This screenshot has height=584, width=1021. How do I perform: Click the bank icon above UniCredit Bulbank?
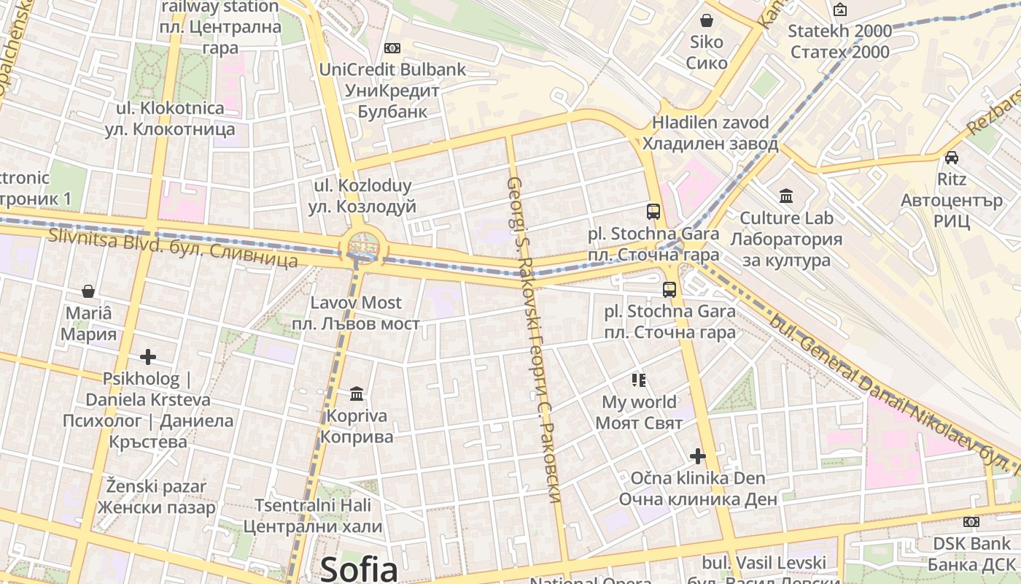point(392,48)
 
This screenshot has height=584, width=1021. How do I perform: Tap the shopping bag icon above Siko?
point(706,20)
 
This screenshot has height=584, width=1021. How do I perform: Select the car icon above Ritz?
point(952,157)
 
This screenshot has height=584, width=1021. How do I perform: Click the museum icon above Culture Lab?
point(786,196)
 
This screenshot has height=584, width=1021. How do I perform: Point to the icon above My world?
point(639,380)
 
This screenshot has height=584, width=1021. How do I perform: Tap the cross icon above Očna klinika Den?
point(698,456)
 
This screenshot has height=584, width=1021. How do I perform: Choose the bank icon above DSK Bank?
point(971,522)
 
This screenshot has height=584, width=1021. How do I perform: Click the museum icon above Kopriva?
point(357,394)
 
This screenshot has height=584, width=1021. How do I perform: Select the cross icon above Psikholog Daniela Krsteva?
point(148,357)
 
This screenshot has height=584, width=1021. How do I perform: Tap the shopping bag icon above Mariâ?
point(88,291)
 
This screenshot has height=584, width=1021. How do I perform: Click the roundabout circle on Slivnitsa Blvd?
point(362,246)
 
